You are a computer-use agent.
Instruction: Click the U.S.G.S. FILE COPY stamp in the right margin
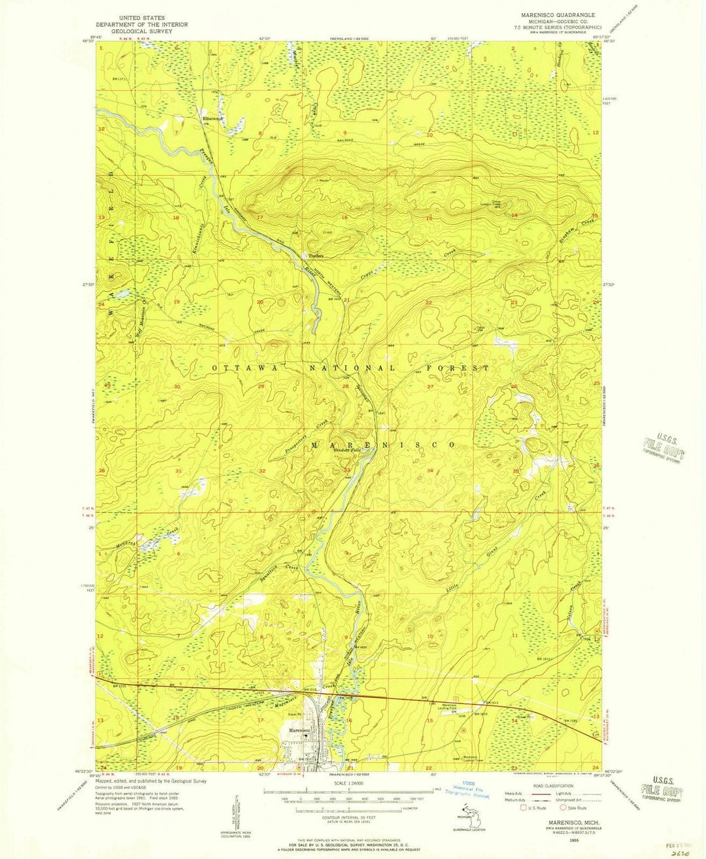[x=664, y=449]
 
